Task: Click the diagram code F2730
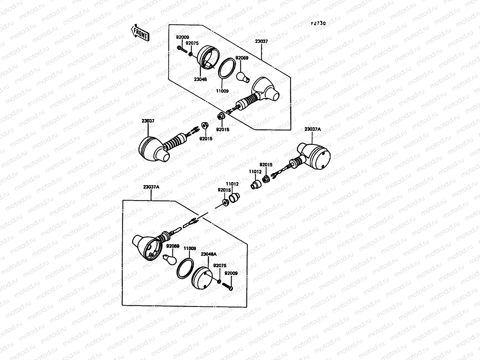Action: (318, 23)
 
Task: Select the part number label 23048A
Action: (208, 254)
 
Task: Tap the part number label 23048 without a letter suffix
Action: (200, 79)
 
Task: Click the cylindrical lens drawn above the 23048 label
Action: (208, 58)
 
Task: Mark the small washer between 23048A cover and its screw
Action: (219, 281)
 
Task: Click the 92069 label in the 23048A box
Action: (173, 246)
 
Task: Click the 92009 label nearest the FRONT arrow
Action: (182, 37)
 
